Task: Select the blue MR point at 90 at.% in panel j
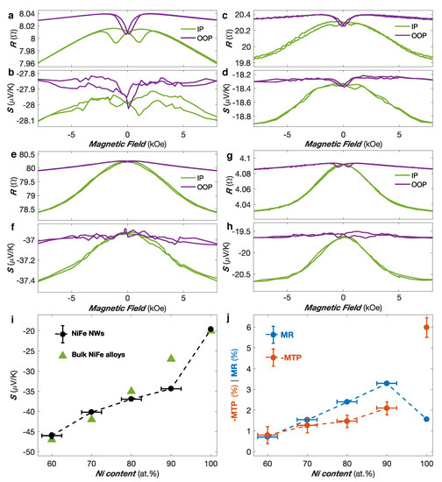(386, 383)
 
